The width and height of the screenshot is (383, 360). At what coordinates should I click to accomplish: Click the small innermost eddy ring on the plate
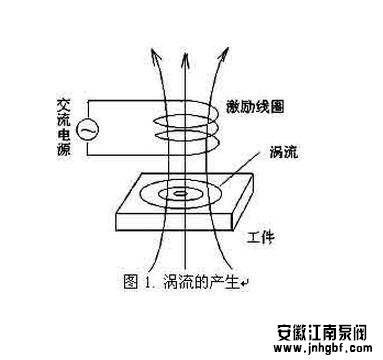pos(180,192)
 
